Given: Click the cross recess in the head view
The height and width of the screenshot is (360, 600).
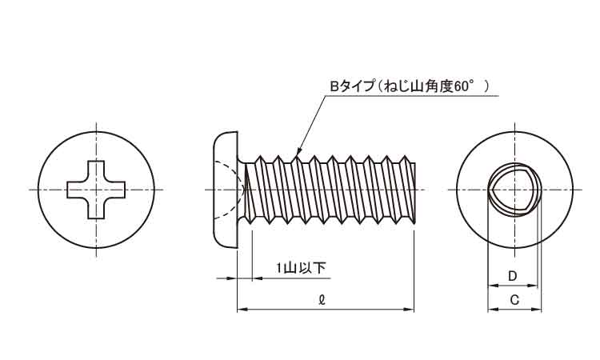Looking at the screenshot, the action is click(x=96, y=190).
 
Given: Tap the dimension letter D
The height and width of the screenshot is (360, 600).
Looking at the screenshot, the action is click(x=512, y=276).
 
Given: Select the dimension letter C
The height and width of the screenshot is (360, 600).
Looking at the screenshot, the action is click(x=514, y=300).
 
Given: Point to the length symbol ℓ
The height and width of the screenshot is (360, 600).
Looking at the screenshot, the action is click(x=322, y=299).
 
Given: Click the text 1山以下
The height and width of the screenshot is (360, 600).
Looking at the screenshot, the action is click(x=301, y=268).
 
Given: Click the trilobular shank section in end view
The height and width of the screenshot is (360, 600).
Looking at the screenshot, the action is click(x=514, y=190).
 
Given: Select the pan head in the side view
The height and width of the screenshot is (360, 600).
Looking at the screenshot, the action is click(x=226, y=190).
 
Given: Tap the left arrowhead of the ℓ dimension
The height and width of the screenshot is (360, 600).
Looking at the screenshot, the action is click(x=242, y=309).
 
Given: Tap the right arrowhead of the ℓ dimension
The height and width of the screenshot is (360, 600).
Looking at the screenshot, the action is click(x=410, y=309).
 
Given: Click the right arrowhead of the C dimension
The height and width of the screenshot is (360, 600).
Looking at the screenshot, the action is click(x=537, y=309).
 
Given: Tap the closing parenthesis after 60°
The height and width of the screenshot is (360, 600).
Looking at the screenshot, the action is click(x=486, y=86).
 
